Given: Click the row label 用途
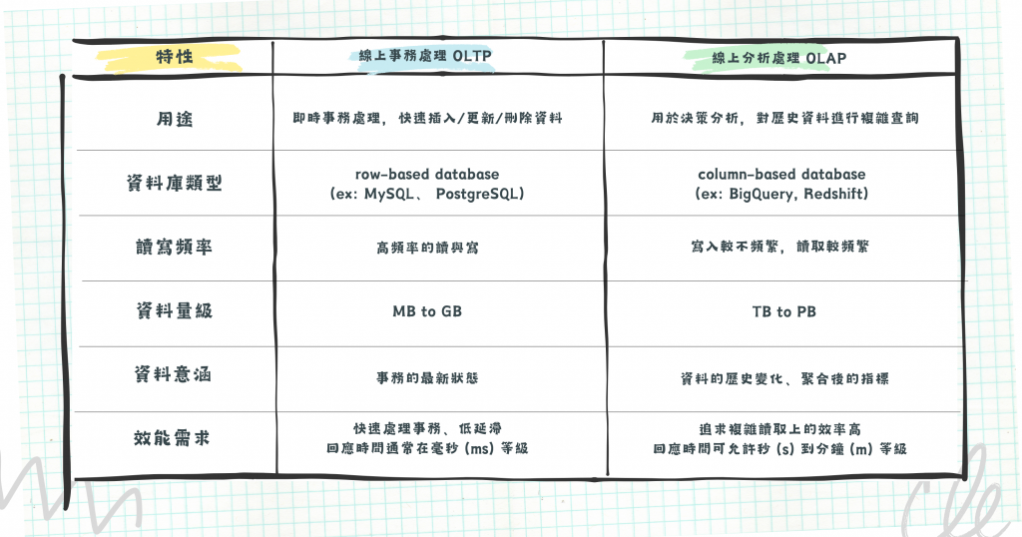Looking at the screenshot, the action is [x=173, y=119].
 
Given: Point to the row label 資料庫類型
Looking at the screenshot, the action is [x=173, y=183].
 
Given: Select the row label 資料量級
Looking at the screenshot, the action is [x=173, y=311].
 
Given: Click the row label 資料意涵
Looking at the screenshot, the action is [x=173, y=376].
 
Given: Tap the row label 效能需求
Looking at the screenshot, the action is [x=173, y=437].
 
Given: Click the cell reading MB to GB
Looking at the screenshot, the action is [x=427, y=311].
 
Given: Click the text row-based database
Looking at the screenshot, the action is [x=427, y=175].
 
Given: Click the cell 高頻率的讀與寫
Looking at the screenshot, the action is [x=427, y=247].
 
